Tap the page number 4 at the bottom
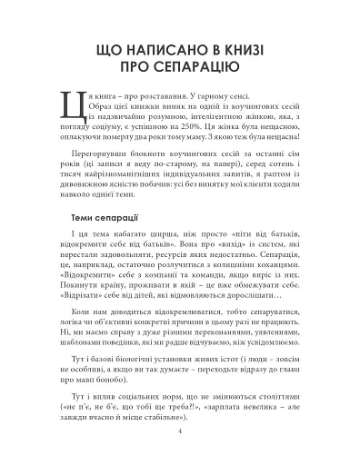click(180, 432)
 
